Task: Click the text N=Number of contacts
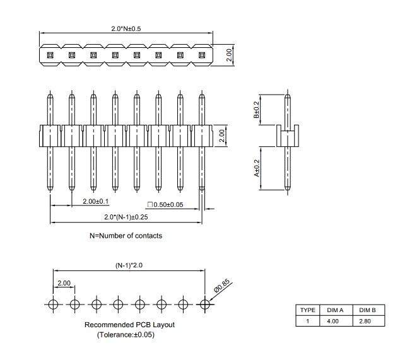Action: coord(126,236)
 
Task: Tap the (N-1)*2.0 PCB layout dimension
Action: coord(129,266)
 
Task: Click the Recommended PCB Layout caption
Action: coord(129,325)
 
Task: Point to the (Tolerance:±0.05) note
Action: coord(126,335)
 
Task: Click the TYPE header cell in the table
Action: coord(307,310)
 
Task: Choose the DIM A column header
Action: coord(335,310)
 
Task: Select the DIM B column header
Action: coord(367,310)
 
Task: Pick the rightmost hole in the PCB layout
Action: coord(204,305)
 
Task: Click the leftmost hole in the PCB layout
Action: coord(54,305)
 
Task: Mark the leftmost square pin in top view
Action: coord(50,55)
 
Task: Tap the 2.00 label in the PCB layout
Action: coord(64,284)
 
